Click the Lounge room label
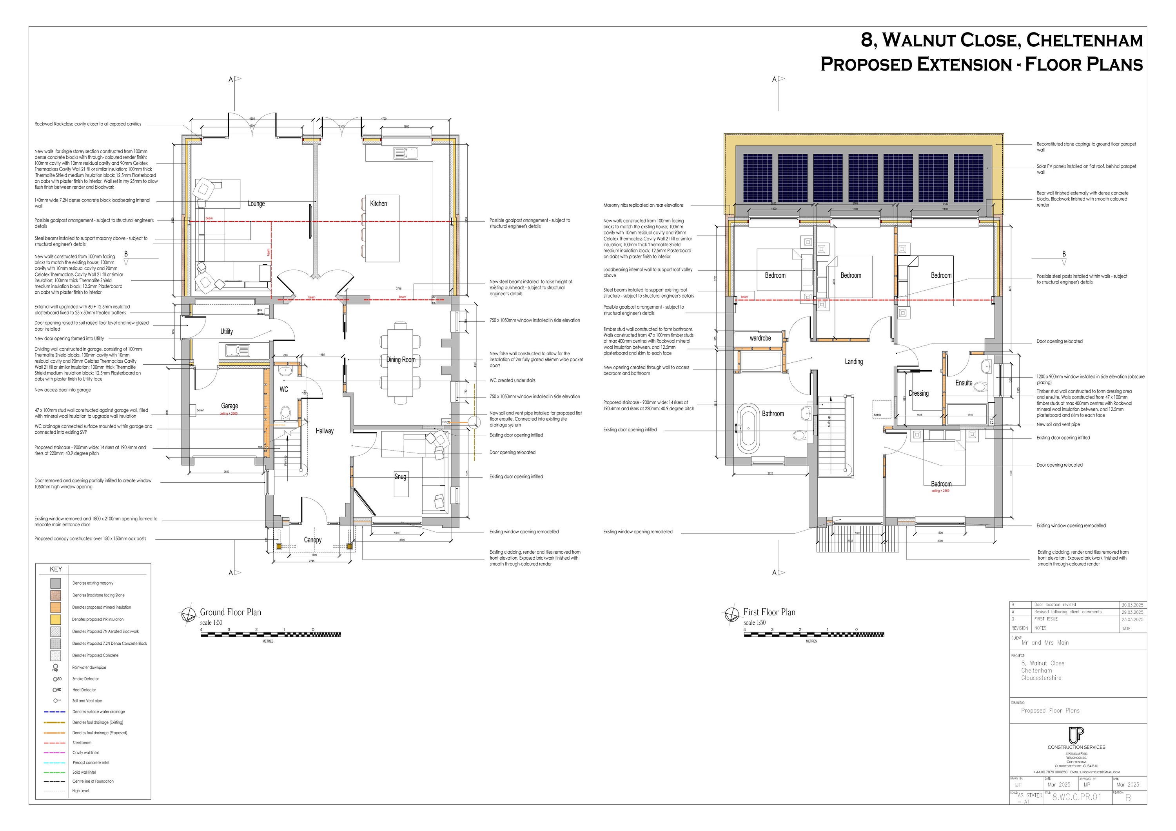click(x=256, y=204)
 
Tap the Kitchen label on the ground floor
click(x=379, y=204)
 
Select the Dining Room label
click(x=401, y=360)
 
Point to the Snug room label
click(x=400, y=476)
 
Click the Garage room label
click(x=229, y=406)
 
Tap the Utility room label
click(x=227, y=331)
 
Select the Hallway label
click(x=324, y=431)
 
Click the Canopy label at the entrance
click(x=312, y=540)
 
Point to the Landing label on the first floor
click(x=853, y=362)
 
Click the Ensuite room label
click(x=964, y=383)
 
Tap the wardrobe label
click(x=760, y=338)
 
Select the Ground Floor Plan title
click(x=230, y=612)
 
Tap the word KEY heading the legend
click(x=56, y=569)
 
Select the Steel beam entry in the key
click(x=82, y=742)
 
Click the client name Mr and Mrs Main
click(x=1045, y=642)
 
